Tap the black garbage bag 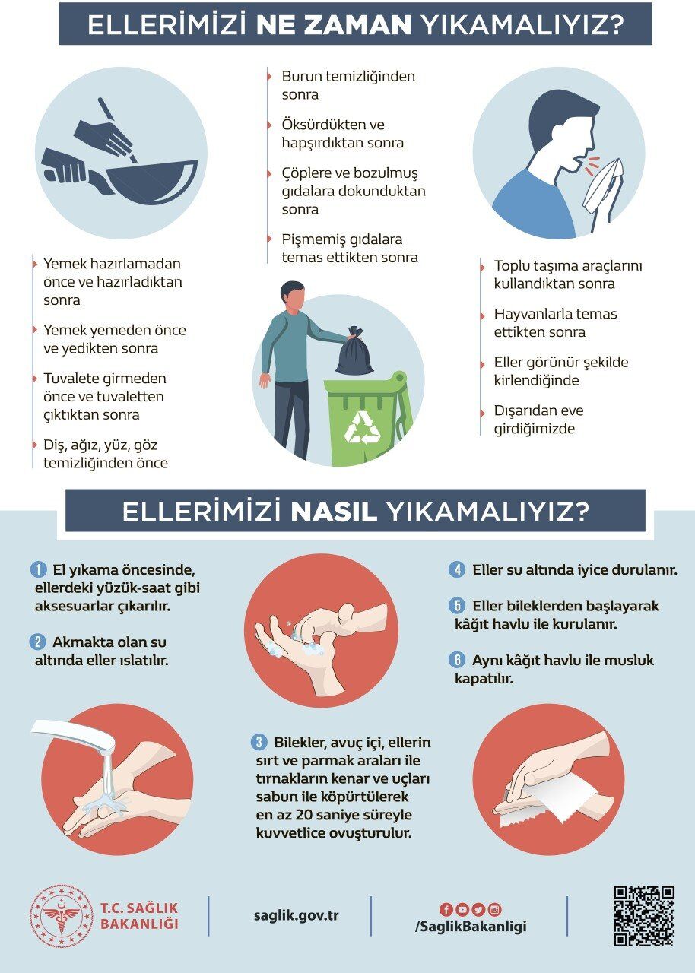[354, 353]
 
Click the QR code [644, 916]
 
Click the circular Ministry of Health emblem [60, 916]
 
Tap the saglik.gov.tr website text [296, 915]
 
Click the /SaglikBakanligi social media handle [471, 927]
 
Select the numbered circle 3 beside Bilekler [260, 742]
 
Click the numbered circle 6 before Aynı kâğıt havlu [457, 660]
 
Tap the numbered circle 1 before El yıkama [38, 569]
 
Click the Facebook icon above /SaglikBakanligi [446, 910]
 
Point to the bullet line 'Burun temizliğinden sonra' [348, 85]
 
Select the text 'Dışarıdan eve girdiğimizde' [538, 420]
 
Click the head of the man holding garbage [292, 295]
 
